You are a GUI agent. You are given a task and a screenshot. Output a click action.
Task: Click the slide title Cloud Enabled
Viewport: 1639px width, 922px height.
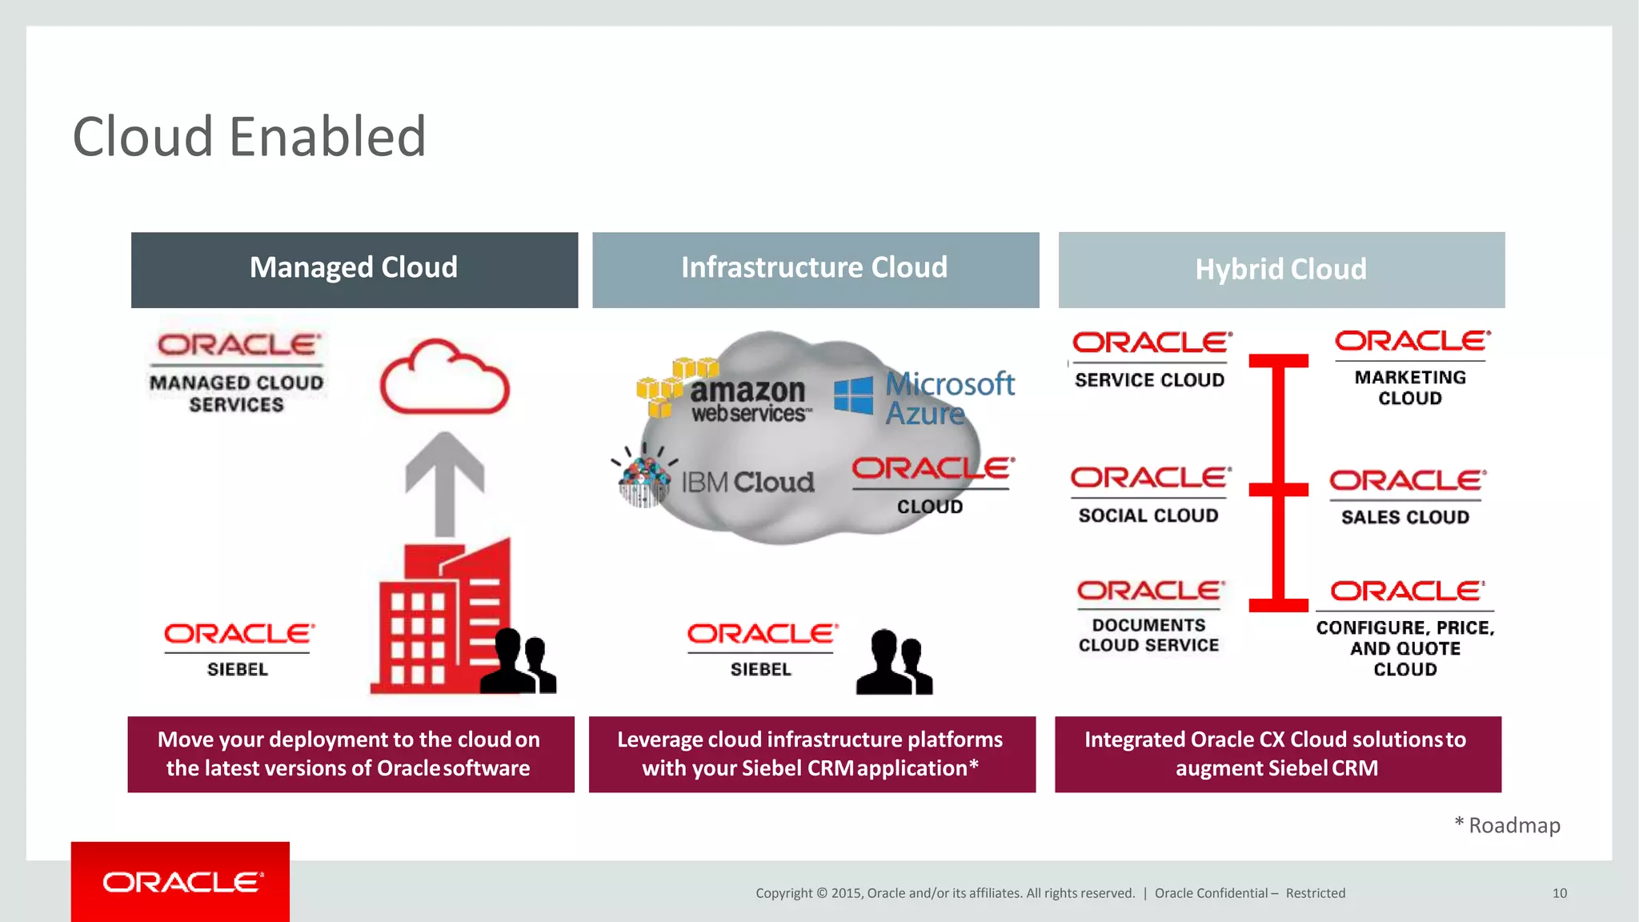(249, 136)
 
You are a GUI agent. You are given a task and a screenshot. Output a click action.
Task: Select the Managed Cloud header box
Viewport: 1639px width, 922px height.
(355, 270)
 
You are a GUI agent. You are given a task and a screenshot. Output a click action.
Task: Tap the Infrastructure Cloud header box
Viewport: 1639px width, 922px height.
(815, 270)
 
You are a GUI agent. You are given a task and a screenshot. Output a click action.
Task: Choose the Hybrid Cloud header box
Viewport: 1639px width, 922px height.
(1281, 270)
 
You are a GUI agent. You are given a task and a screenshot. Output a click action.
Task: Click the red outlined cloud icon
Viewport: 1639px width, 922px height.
(444, 378)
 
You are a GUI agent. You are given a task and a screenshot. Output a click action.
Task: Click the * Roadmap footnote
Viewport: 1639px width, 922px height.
(1508, 825)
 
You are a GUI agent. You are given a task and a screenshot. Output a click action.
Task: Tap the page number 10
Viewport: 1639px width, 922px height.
(1559, 893)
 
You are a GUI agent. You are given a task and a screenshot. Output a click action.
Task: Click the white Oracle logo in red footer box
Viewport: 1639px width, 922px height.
(182, 882)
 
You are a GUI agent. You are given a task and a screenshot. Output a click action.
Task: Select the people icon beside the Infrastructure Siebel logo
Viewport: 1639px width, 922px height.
(894, 662)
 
